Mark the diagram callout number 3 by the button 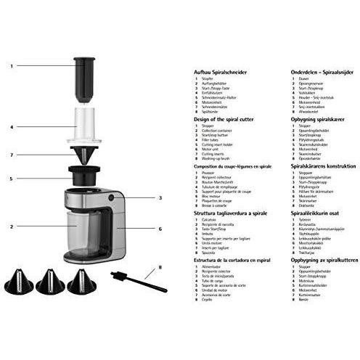[x=160, y=197]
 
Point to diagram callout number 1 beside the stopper [x=12, y=66]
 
